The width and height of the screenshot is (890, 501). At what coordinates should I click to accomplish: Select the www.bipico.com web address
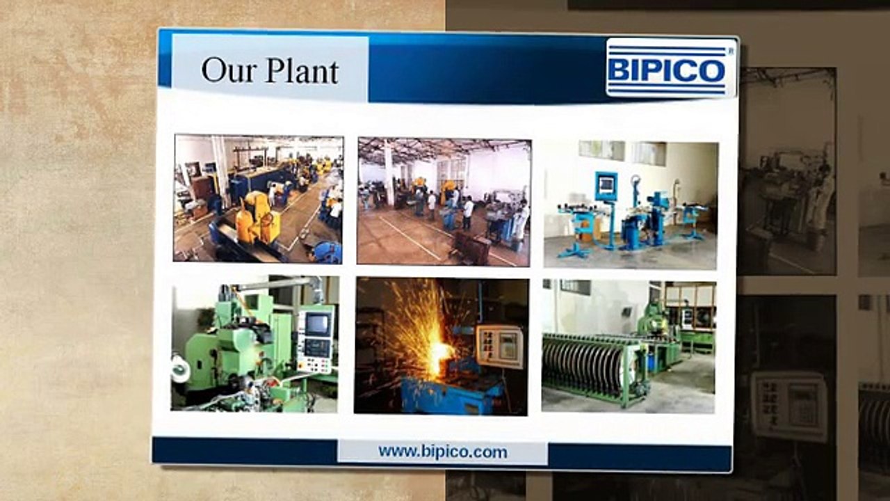443,452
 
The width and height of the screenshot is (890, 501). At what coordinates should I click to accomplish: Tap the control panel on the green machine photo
314,341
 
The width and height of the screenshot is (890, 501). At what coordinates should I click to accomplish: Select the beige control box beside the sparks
499,347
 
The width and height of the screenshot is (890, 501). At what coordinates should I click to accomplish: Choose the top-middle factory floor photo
444,202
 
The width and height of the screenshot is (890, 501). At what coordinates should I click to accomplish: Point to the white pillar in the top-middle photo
389,174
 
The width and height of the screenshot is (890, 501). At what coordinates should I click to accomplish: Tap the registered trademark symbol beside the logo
730,50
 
